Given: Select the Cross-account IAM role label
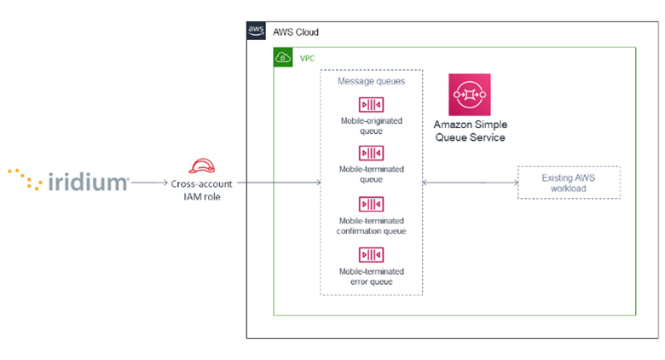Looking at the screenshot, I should (x=201, y=189).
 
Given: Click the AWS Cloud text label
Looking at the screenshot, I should (x=295, y=32).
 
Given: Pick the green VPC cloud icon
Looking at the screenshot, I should (x=283, y=57).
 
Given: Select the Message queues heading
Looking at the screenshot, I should (x=372, y=81).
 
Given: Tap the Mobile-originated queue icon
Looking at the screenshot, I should (x=371, y=105).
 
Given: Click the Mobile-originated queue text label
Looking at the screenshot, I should (x=371, y=127).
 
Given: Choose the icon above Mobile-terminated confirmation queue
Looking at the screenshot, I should (x=371, y=204).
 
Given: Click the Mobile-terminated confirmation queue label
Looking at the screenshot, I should (x=372, y=226).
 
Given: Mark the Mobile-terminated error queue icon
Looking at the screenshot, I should (x=371, y=254).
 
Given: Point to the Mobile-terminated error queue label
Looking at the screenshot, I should (x=371, y=276).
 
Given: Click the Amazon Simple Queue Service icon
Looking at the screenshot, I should (x=470, y=94).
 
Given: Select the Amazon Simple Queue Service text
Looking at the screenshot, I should (x=470, y=131).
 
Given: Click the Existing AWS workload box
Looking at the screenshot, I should (x=569, y=183).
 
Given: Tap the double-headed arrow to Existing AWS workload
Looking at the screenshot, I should (x=470, y=183).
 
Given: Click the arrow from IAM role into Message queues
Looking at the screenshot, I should (x=277, y=183).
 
